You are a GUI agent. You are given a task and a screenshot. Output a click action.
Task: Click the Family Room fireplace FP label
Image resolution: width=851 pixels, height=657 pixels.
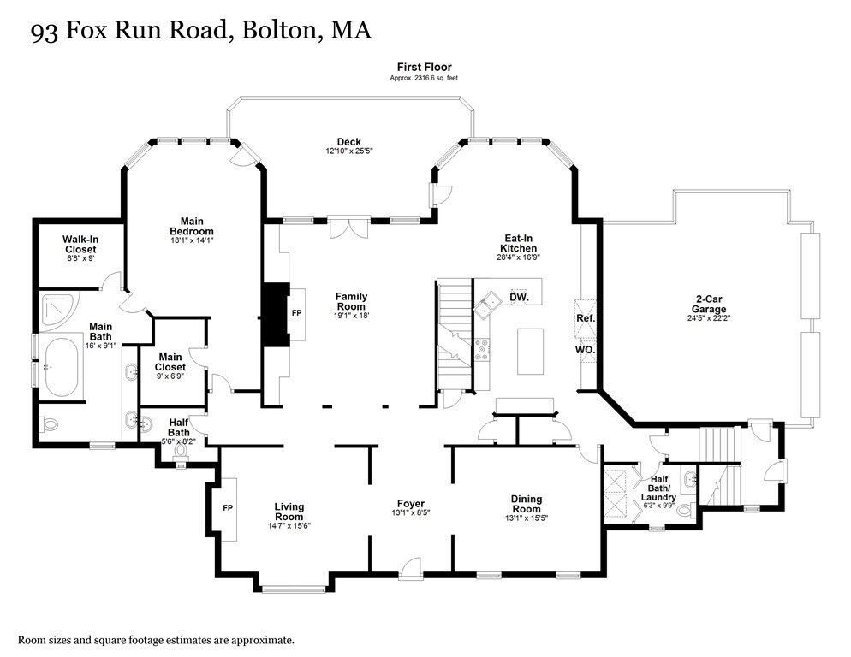click(x=297, y=313)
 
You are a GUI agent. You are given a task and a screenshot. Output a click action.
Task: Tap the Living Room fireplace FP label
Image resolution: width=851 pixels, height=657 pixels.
click(x=228, y=508)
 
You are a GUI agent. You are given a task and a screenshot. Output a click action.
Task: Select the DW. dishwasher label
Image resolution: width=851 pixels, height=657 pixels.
click(x=519, y=298)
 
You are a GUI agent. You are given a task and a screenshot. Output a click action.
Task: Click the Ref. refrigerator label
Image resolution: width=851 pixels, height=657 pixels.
click(x=586, y=318)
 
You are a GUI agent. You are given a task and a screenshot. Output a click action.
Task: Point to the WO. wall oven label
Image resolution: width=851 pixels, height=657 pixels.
click(x=585, y=350)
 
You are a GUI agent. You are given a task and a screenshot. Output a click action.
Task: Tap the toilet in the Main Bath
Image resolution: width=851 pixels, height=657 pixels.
click(x=48, y=425)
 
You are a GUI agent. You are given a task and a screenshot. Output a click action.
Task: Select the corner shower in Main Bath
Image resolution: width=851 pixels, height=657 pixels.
click(x=58, y=311)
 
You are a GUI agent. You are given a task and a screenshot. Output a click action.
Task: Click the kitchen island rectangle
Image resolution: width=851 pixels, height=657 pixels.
click(x=530, y=351)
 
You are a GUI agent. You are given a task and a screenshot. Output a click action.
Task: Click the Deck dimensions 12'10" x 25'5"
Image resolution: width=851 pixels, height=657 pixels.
click(x=349, y=151)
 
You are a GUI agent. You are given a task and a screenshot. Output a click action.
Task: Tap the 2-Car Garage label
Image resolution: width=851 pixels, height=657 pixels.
click(x=709, y=304)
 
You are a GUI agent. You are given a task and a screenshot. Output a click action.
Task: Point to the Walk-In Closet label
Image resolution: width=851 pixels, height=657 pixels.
click(x=80, y=244)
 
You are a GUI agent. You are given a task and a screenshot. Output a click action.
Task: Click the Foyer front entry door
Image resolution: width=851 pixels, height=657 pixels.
click(x=410, y=567)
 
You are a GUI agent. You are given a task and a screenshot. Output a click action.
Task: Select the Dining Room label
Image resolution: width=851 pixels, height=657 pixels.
click(x=527, y=504)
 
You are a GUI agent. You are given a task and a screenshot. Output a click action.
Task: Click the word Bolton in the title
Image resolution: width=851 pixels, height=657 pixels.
click(x=281, y=30)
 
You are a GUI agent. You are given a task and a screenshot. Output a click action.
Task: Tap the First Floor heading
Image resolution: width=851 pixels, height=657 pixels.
click(x=425, y=68)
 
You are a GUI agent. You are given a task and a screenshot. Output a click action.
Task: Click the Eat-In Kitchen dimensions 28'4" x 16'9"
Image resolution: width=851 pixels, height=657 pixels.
click(x=518, y=257)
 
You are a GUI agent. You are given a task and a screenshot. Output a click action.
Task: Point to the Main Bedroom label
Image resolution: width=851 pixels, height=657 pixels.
click(x=192, y=226)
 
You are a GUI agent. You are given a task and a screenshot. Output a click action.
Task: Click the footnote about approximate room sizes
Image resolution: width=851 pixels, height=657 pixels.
click(x=157, y=640)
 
